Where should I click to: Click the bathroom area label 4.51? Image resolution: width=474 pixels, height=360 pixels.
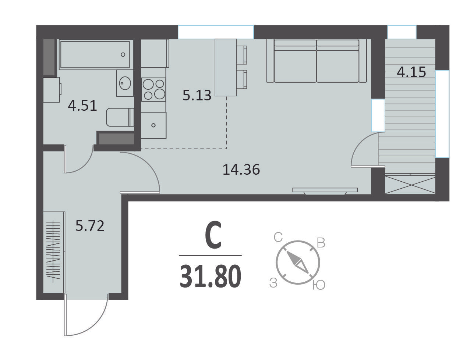pos(82,106)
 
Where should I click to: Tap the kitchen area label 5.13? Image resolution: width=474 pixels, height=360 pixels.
pos(197,95)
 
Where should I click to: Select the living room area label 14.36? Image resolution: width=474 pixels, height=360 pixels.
pos(241,170)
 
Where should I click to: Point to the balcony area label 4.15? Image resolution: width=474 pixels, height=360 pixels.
pos(411,72)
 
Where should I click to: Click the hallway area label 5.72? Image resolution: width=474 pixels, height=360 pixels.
pos(90,226)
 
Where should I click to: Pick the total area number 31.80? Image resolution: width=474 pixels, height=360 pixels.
pos(210,276)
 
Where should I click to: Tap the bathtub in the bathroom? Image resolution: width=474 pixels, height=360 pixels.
pos(95,54)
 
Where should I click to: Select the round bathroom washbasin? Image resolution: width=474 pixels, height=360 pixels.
pos(125,83)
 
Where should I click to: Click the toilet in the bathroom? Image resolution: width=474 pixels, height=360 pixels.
pos(120,117)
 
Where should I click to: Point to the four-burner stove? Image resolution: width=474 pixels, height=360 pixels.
pos(153,89)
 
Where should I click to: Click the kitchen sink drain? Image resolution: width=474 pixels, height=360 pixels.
pos(153,125)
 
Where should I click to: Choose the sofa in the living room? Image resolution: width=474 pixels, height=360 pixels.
pos(316,61)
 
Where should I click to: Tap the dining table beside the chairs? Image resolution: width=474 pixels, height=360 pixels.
pos(226,67)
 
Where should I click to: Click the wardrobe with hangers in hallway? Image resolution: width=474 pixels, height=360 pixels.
pos(54,252)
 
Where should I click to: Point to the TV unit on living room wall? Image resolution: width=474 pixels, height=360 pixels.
pos(325,191)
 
